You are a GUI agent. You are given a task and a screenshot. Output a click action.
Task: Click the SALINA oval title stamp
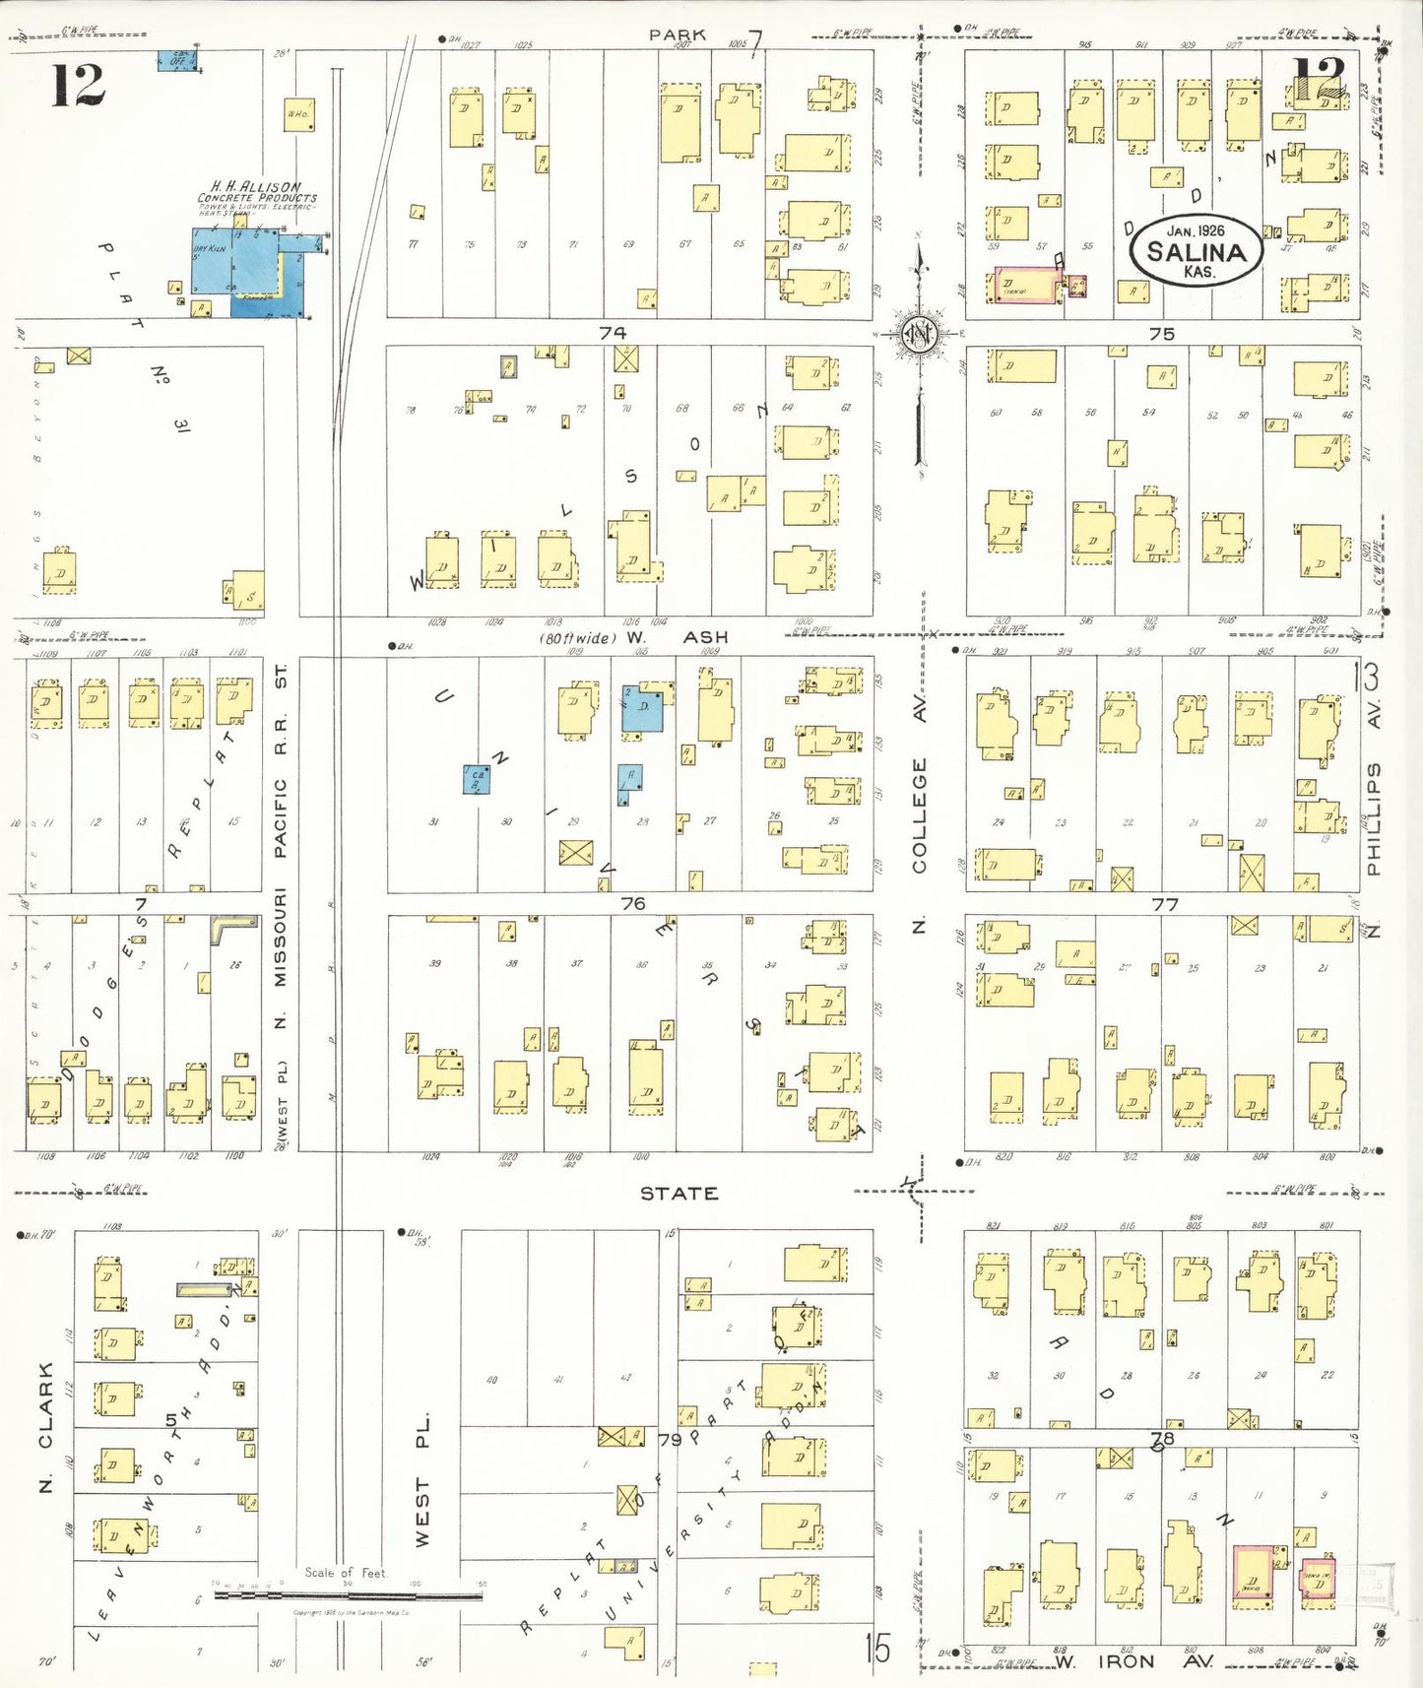pyautogui.click(x=1196, y=250)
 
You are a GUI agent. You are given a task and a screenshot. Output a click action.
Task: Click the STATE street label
pyautogui.click(x=679, y=1194)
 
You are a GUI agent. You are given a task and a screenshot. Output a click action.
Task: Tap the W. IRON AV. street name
pyautogui.click(x=1132, y=1662)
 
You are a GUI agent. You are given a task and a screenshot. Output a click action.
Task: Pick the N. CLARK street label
pyautogui.click(x=45, y=1427)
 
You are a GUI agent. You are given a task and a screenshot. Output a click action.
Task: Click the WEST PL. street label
pyautogui.click(x=421, y=1479)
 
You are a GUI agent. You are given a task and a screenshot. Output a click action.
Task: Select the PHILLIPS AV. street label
pyautogui.click(x=1374, y=788)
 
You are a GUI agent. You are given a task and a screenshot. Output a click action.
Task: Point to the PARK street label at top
pyautogui.click(x=677, y=34)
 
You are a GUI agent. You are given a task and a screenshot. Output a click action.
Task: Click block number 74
pyautogui.click(x=613, y=333)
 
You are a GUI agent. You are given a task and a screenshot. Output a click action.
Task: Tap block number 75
pyautogui.click(x=1162, y=334)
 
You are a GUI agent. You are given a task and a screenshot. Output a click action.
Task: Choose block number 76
pyautogui.click(x=632, y=903)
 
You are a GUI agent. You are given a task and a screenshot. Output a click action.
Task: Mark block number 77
pyautogui.click(x=1165, y=903)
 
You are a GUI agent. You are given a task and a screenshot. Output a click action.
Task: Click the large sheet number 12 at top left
pyautogui.click(x=78, y=85)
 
